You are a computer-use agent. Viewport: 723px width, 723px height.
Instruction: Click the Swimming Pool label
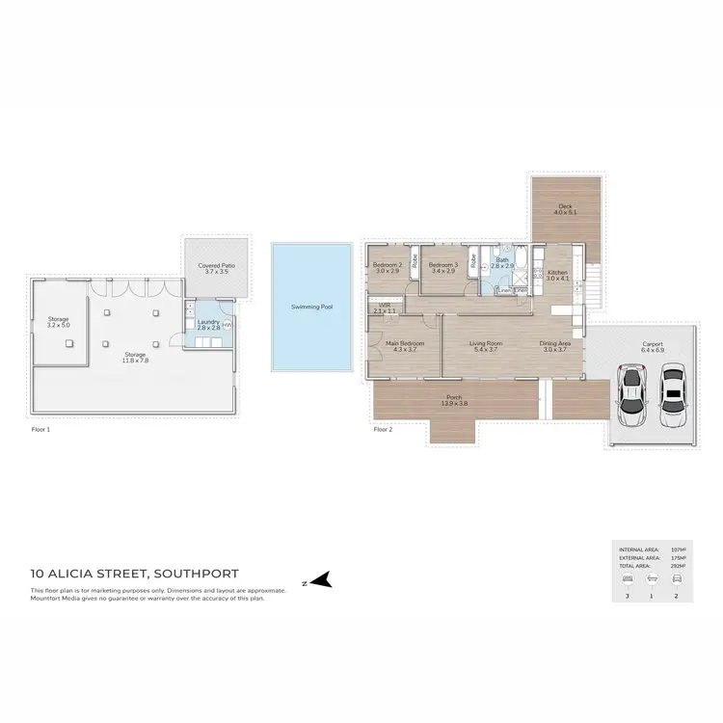point(312,307)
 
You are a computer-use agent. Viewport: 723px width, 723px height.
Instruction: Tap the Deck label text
point(565,205)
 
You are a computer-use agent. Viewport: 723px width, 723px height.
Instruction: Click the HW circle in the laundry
point(228,325)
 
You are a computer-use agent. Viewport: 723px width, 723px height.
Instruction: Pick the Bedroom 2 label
point(388,264)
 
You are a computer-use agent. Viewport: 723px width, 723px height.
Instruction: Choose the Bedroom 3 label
point(442,264)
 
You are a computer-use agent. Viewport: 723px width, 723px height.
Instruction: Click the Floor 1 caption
point(40,430)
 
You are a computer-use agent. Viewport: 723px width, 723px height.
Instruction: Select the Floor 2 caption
point(384,430)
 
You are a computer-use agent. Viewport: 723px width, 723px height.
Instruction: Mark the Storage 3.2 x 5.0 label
point(59,321)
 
